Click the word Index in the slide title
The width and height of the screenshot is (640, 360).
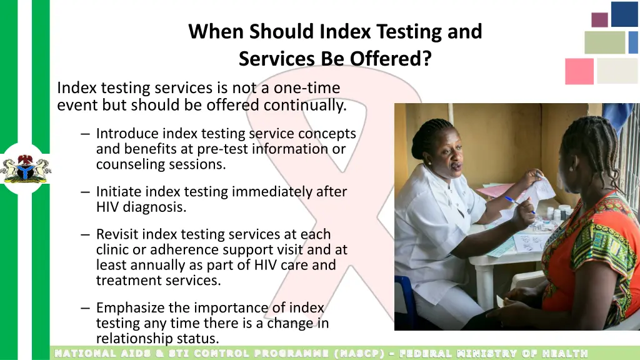(342, 31)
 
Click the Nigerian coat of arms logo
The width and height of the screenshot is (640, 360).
(26, 168)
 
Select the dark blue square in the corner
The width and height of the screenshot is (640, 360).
(624, 14)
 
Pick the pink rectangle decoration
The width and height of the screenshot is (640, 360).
(579, 71)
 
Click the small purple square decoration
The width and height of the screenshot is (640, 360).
(599, 20)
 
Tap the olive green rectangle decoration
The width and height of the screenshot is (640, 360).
(604, 42)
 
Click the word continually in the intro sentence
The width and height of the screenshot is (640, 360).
(304, 105)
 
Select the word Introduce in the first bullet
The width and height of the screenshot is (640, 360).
(127, 134)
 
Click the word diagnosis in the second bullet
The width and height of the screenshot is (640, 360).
(154, 207)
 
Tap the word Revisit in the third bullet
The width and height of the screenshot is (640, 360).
(117, 234)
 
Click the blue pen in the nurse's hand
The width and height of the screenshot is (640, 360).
(517, 204)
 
